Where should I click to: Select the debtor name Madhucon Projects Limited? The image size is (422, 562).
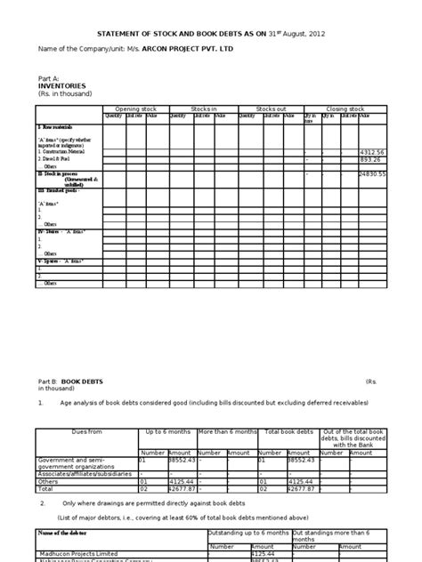coord(81,550)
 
